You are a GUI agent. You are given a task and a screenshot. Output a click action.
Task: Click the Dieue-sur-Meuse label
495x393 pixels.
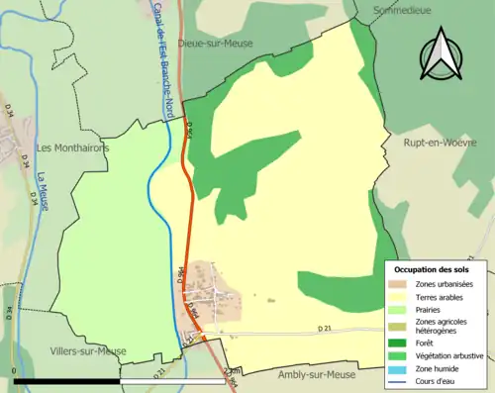(215, 44)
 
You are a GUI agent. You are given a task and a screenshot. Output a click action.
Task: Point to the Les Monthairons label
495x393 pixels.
(72, 147)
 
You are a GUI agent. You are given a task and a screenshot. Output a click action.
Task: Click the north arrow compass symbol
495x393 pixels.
(442, 53)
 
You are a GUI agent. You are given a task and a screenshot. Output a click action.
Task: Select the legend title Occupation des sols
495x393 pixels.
(432, 269)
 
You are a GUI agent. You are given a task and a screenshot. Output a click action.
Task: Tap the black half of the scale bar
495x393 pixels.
(66, 380)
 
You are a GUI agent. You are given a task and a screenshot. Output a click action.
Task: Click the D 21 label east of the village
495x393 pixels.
(323, 328)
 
